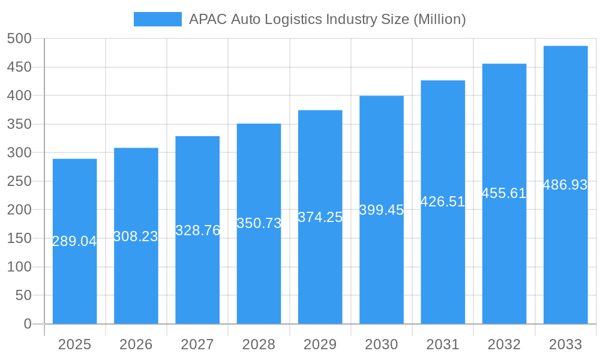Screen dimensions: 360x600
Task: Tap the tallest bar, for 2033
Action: pyautogui.click(x=565, y=252)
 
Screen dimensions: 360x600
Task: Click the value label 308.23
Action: pyautogui.click(x=136, y=236)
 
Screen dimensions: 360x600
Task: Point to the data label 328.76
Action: pyautogui.click(x=197, y=230)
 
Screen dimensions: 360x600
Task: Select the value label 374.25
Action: pyautogui.click(x=320, y=217)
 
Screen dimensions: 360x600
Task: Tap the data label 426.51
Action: pyautogui.click(x=443, y=202)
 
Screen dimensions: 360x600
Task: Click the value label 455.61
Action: pyautogui.click(x=504, y=193)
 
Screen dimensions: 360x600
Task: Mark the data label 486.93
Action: pyautogui.click(x=565, y=185)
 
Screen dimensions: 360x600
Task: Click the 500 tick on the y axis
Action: pyautogui.click(x=19, y=38)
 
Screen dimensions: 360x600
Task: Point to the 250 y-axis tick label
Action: pyautogui.click(x=19, y=181)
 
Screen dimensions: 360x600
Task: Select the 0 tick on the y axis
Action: pyautogui.click(x=28, y=324)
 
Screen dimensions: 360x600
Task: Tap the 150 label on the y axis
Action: pyautogui.click(x=19, y=238)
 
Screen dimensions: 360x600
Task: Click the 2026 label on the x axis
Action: pyautogui.click(x=136, y=344)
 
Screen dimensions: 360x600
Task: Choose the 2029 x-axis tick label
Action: pyautogui.click(x=320, y=344)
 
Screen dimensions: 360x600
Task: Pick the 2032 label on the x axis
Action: pyautogui.click(x=504, y=344)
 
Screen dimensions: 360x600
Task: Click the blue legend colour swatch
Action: pyautogui.click(x=157, y=19)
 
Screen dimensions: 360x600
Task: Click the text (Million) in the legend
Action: pyautogui.click(x=440, y=19)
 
